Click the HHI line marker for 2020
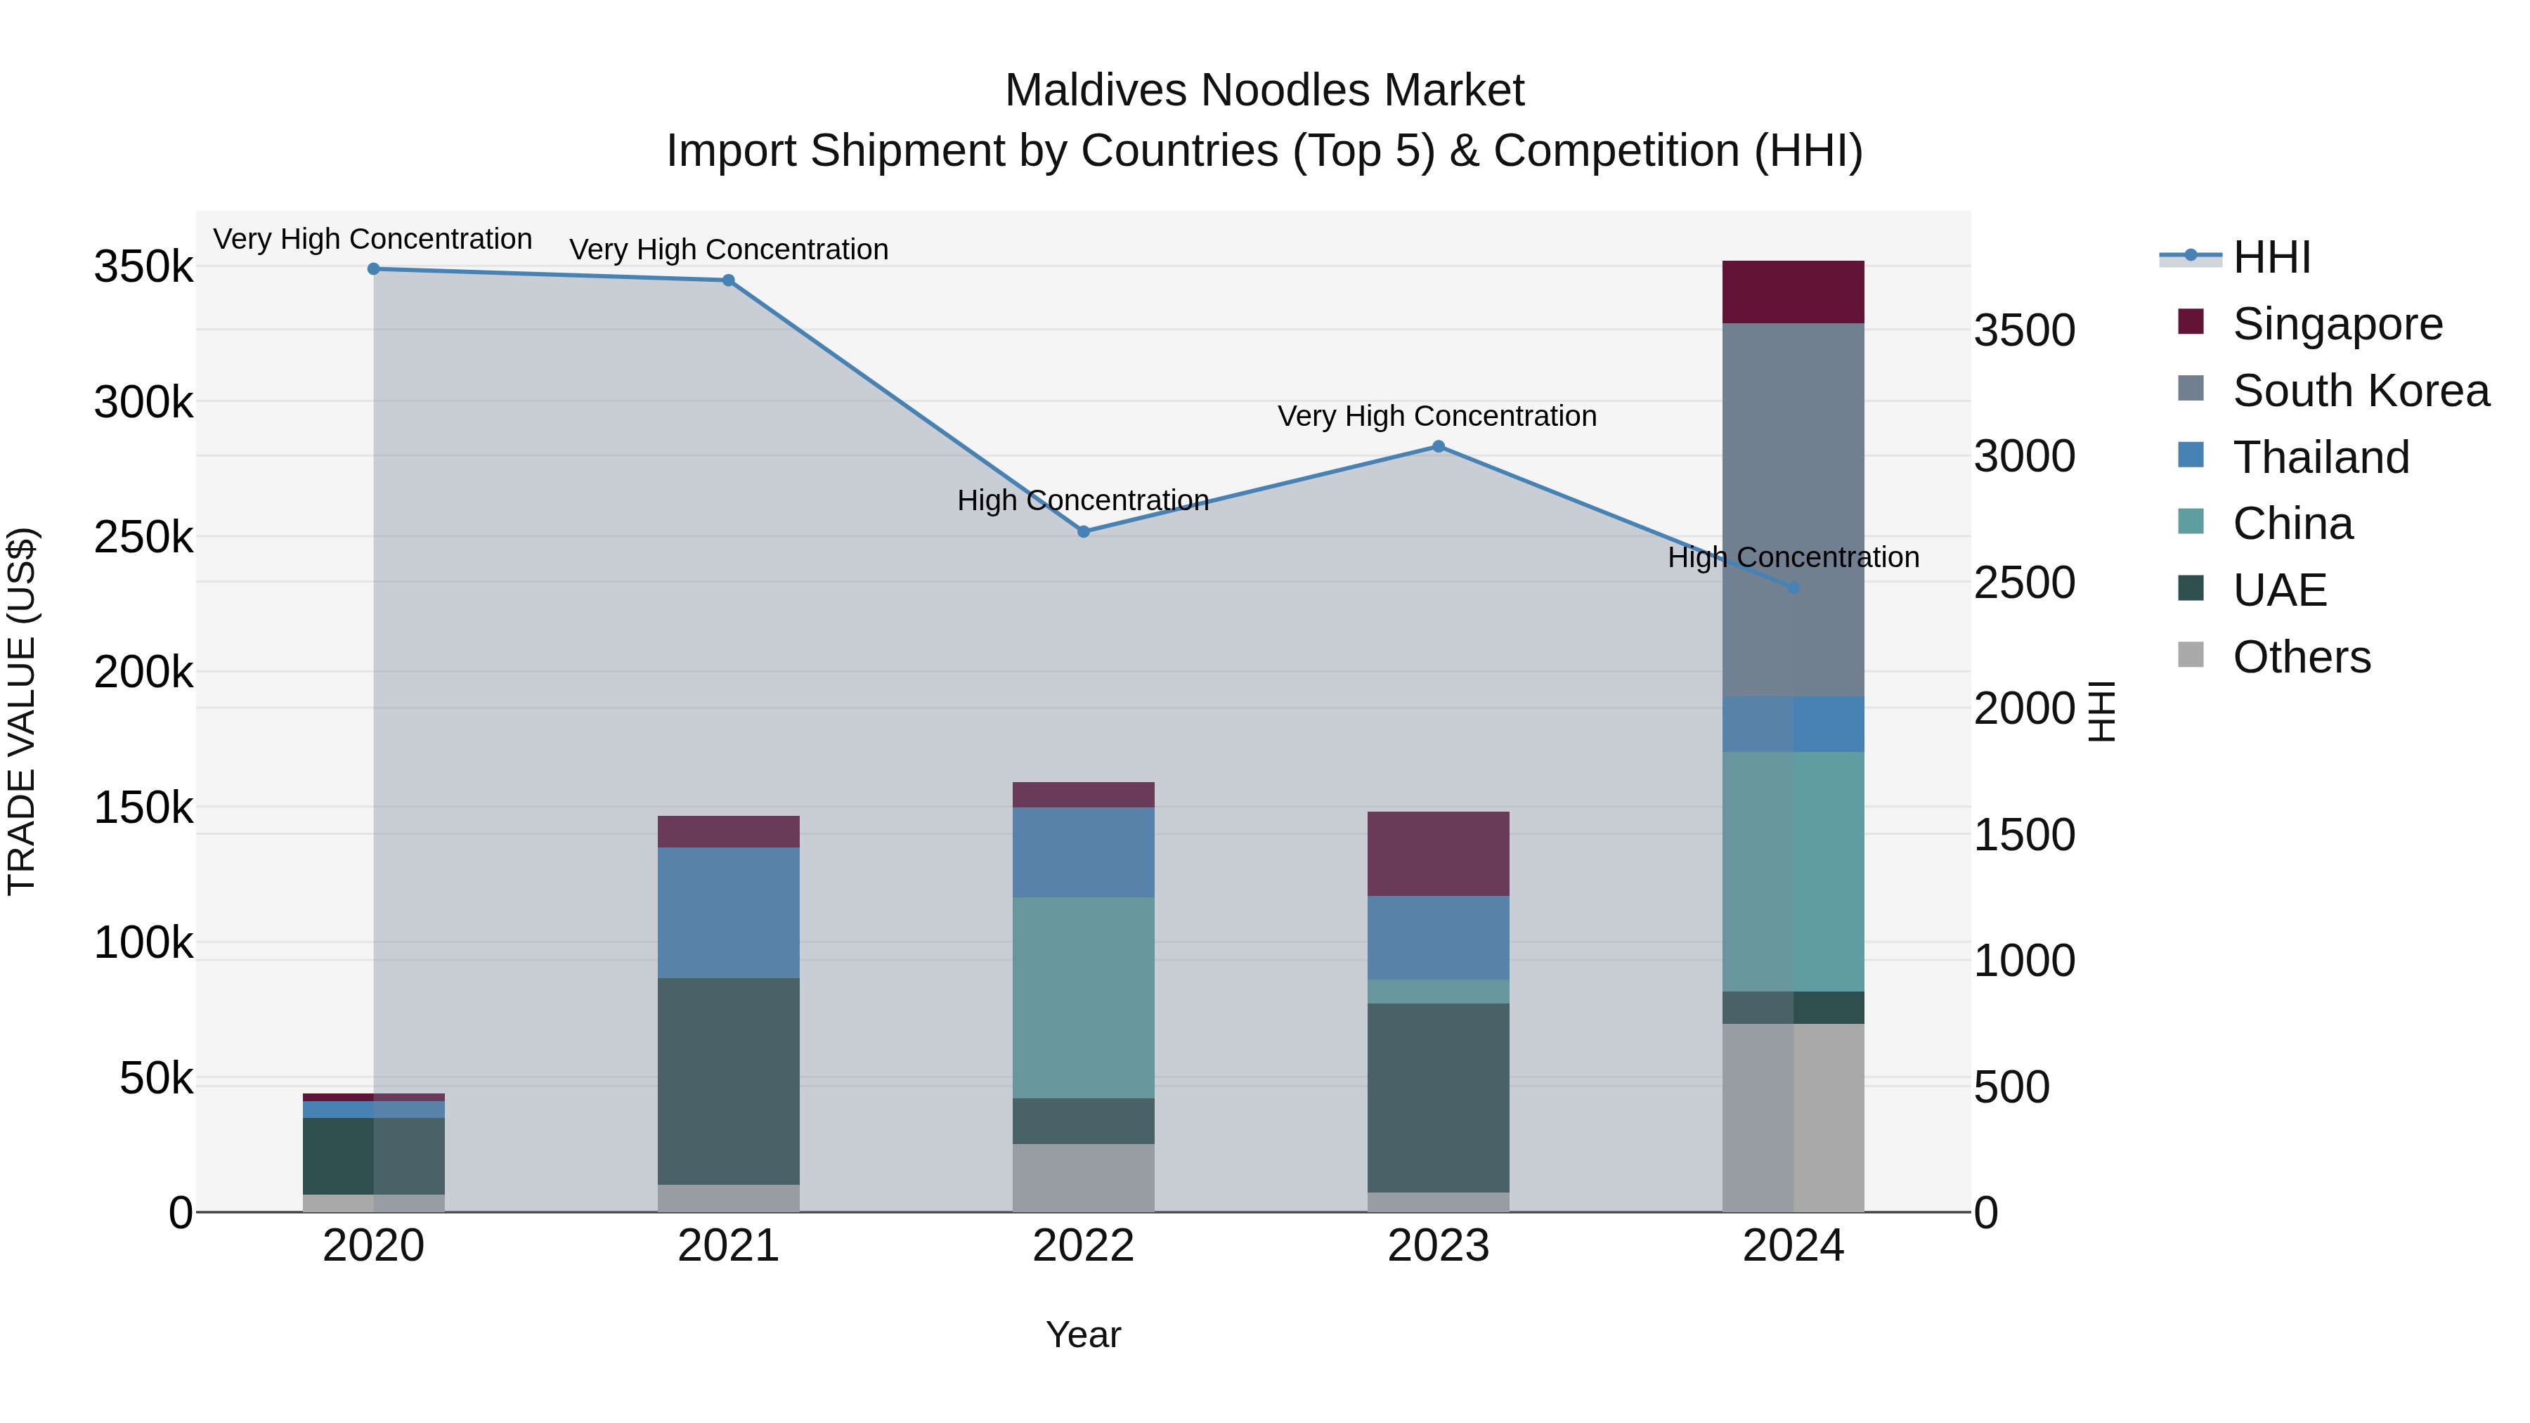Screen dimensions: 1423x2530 tap(373, 269)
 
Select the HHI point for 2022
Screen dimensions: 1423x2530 tap(1083, 531)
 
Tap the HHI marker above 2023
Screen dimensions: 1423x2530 tap(1438, 447)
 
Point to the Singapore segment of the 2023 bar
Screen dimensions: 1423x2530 tap(1438, 852)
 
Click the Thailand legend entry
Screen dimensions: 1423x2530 tap(2320, 457)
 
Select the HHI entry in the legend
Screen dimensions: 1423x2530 tap(2271, 257)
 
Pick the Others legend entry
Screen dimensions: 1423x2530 tap(2300, 657)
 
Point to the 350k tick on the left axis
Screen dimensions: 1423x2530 tap(143, 267)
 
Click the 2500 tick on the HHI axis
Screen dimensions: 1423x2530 tap(2024, 583)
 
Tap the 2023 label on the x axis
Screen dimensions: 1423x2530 tap(1438, 1246)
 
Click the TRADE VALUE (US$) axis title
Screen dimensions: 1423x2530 tap(22, 711)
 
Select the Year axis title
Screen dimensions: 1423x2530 tap(1083, 1334)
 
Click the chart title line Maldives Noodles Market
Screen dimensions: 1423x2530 tap(1264, 91)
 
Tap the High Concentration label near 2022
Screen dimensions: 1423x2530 tap(1082, 501)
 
